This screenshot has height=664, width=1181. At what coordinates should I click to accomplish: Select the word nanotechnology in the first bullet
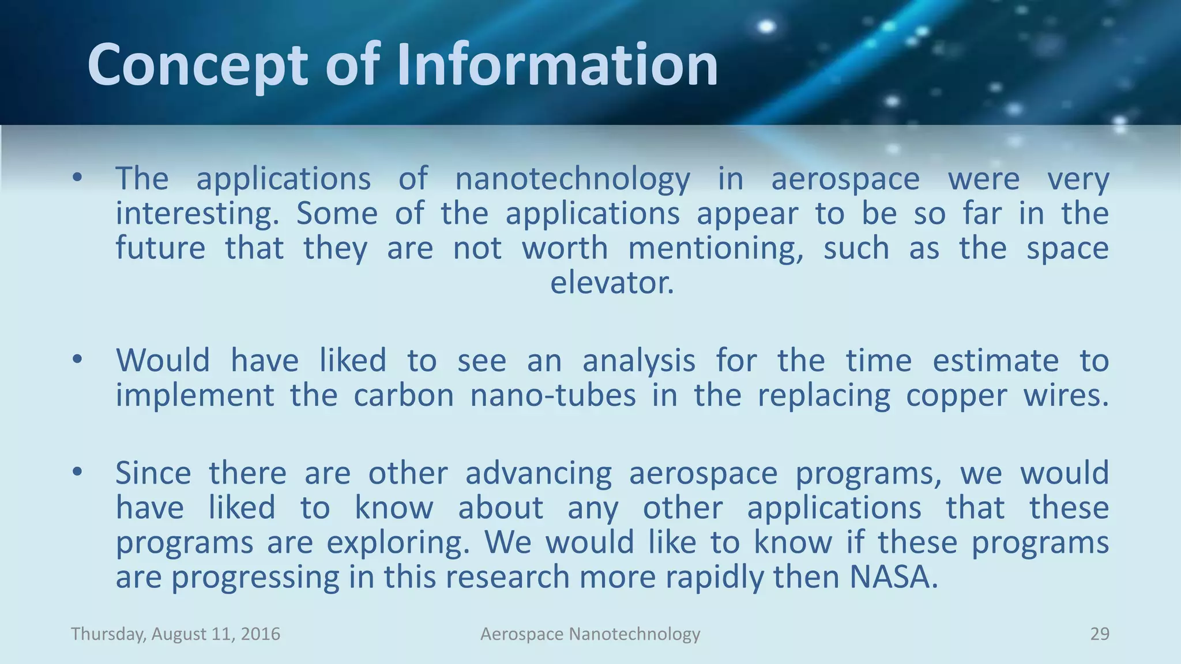click(572, 179)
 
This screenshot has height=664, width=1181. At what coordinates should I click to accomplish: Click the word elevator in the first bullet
click(611, 282)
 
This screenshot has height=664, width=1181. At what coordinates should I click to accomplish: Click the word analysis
click(638, 361)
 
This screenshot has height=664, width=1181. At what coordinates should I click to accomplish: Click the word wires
click(1066, 395)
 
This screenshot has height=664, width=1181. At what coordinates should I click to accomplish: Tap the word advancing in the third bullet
click(538, 474)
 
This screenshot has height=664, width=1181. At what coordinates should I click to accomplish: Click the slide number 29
click(1099, 634)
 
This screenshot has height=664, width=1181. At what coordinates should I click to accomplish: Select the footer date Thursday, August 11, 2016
click(175, 634)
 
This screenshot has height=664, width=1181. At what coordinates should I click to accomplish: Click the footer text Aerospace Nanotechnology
click(590, 634)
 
